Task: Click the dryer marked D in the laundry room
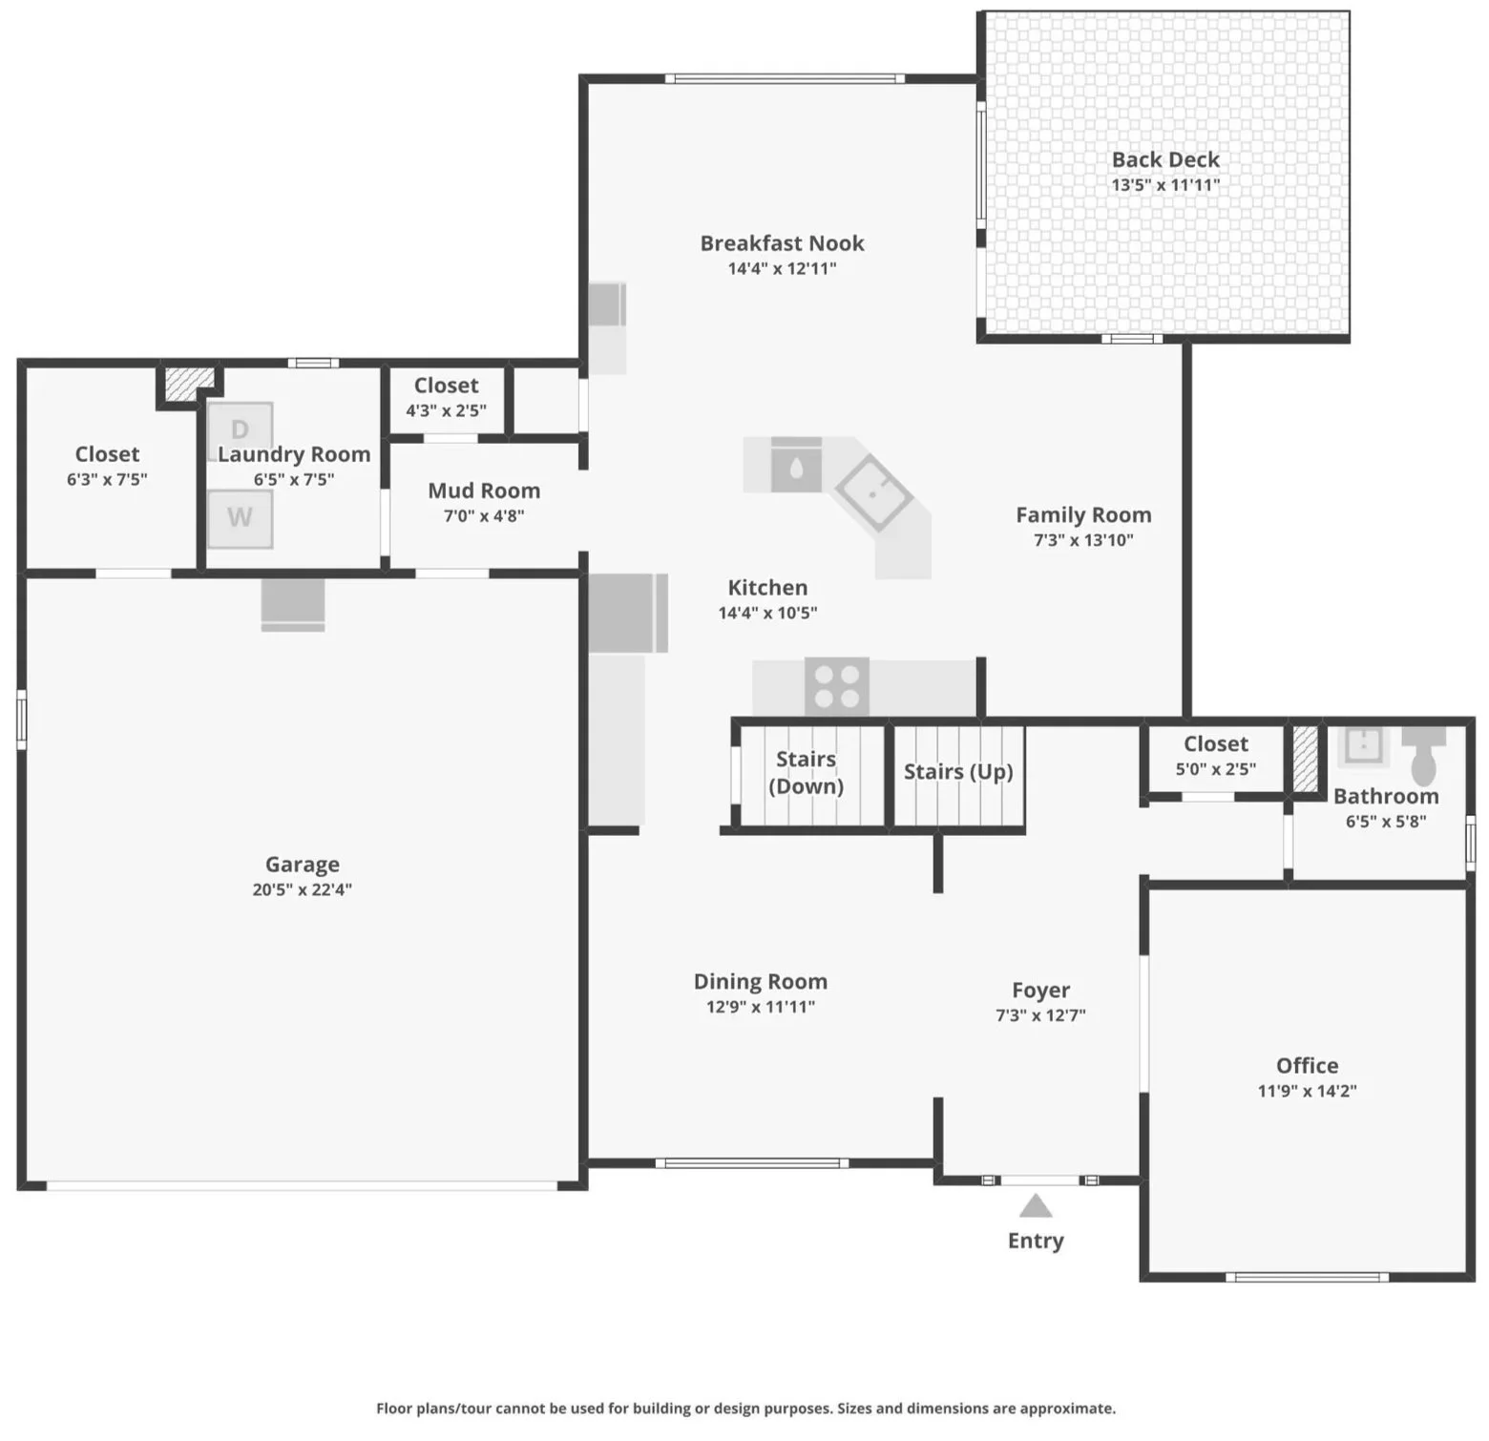(241, 429)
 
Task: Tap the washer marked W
(241, 518)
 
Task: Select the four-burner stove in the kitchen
(837, 687)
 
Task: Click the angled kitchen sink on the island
(873, 493)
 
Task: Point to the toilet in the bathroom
(1424, 754)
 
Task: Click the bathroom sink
(1364, 745)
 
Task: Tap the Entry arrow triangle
(1036, 1206)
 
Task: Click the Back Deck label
(1165, 159)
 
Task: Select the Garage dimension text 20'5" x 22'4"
(303, 889)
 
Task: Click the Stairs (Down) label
(807, 772)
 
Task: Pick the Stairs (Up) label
(958, 771)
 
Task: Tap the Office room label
(1308, 1065)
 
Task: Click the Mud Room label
(484, 491)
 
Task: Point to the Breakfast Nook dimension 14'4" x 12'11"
(783, 268)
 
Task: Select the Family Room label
(1083, 514)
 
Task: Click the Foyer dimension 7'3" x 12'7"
(1040, 1015)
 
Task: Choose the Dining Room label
(761, 981)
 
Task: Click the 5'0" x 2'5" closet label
(1216, 769)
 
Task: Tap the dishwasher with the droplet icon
(796, 466)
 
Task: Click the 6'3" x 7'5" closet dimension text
(107, 479)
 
